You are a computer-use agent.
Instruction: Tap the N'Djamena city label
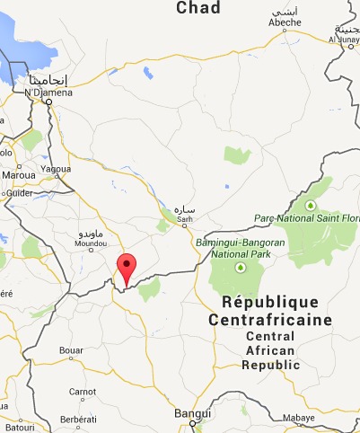44,91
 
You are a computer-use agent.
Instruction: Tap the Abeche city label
285,23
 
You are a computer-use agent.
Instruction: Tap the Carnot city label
83,391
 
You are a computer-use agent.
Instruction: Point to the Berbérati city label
78,420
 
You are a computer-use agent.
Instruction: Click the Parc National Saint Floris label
313,218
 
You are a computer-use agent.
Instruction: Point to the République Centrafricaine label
269,311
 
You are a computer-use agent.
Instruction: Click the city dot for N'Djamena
48,101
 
